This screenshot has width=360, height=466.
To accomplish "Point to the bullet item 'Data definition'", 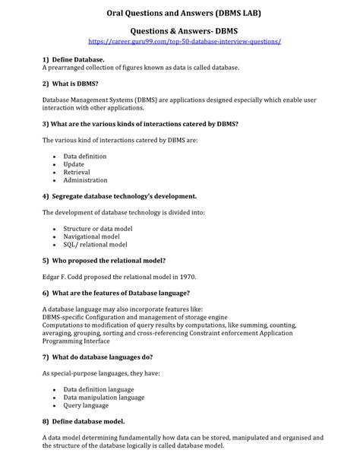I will point(84,156).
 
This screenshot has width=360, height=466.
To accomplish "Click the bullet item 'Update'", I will point(74,164).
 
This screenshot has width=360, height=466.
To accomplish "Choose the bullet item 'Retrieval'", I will point(77,173).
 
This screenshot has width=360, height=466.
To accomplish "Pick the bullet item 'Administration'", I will point(85,181).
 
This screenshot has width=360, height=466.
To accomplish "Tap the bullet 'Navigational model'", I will point(91,236).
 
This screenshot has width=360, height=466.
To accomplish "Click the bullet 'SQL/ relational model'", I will point(95,245).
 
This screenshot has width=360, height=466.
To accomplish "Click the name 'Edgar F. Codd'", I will point(66,276).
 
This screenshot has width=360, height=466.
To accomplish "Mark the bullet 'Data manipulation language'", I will point(103,397).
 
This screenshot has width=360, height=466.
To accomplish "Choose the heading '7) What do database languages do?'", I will point(98,357).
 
